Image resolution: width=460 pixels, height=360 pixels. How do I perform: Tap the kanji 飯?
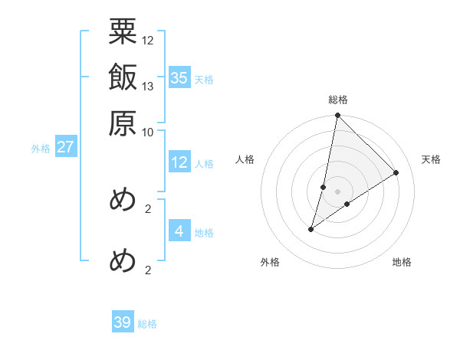pyautogui.click(x=123, y=78)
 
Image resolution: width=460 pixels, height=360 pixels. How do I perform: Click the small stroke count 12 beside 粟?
pyautogui.click(x=148, y=39)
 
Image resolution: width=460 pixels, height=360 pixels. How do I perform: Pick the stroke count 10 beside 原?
pyautogui.click(x=148, y=131)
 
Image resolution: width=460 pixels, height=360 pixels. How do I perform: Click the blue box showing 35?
pyautogui.click(x=179, y=78)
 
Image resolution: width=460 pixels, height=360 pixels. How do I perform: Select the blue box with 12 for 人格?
pyautogui.click(x=179, y=162)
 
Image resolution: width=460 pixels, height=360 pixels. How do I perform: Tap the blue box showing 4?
pyautogui.click(x=179, y=231)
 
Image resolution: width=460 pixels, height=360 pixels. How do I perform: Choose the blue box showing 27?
pyautogui.click(x=65, y=147)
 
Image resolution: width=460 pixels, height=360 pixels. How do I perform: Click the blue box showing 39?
pyautogui.click(x=123, y=322)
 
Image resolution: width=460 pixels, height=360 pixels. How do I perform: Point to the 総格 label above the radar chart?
pyautogui.click(x=337, y=100)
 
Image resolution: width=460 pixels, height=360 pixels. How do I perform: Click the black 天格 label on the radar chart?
pyautogui.click(x=431, y=159)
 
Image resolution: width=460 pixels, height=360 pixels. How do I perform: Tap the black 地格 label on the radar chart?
pyautogui.click(x=402, y=262)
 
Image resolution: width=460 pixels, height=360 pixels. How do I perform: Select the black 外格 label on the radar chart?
pyautogui.click(x=270, y=262)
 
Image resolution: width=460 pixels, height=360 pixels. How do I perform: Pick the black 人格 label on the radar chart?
pyautogui.click(x=245, y=159)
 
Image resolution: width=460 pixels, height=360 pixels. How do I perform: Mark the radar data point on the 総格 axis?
pyautogui.click(x=337, y=116)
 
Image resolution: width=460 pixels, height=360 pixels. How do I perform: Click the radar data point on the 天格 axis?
pyautogui.click(x=396, y=172)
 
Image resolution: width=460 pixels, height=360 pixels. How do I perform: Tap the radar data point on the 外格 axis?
pyautogui.click(x=311, y=228)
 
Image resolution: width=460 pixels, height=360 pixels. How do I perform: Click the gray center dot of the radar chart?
pyautogui.click(x=337, y=191)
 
